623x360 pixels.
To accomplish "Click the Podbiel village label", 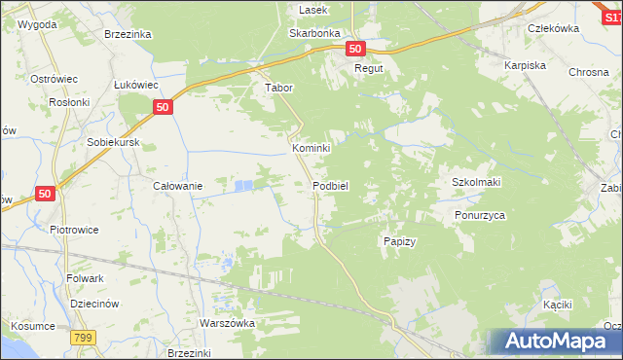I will tap(330, 185).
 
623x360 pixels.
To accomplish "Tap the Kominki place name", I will tap(311, 148).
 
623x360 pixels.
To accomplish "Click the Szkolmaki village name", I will tap(476, 182).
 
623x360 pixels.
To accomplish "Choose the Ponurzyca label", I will tap(480, 215).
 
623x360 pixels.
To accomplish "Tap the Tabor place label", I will tap(279, 87).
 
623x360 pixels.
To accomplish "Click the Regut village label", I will tap(369, 69).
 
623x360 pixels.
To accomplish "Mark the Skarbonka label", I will tap(313, 32).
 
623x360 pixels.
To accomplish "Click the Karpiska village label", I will tap(524, 64).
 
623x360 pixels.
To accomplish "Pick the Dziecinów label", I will tap(94, 303).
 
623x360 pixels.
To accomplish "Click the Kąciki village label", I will tap(557, 305).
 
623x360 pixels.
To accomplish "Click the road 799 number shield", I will tap(83, 337).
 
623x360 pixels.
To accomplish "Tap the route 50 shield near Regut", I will tap(354, 49).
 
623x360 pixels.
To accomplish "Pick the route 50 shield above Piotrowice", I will tap(45, 195).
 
